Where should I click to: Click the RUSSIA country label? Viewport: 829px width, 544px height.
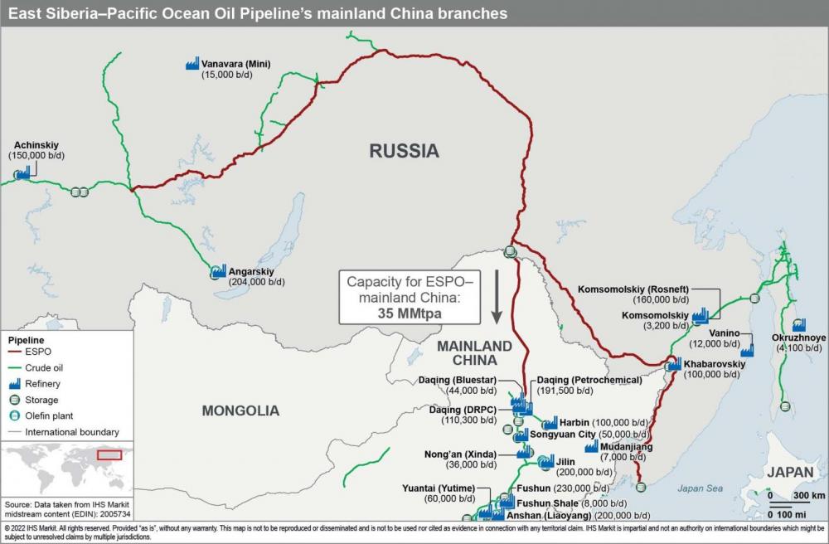click(404, 151)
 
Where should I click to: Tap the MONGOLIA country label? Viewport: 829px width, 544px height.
click(240, 410)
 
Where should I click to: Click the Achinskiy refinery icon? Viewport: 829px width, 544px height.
click(22, 173)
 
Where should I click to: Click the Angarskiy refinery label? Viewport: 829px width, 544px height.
click(251, 271)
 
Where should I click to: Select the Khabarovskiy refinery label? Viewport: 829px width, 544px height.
click(715, 364)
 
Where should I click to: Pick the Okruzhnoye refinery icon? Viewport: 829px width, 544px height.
click(798, 325)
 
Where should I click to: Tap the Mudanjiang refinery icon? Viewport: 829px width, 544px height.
click(591, 446)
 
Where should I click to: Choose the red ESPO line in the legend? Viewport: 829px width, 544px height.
click(20, 352)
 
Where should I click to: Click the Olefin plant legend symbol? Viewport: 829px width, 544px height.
click(13, 416)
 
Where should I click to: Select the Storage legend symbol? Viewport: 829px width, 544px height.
click(13, 401)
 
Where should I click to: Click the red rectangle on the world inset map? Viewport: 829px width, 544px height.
click(109, 454)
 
